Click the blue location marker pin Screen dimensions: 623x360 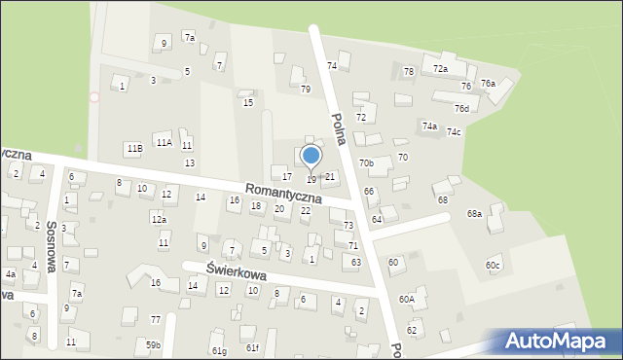[x=311, y=157]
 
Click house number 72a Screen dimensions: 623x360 [x=440, y=69]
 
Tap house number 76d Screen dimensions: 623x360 [x=461, y=109]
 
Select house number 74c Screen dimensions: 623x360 [x=454, y=131]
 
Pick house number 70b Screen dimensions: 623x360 [x=366, y=163]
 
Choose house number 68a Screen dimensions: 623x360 [x=474, y=213]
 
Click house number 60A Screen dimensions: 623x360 [x=406, y=300]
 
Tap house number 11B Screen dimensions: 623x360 [x=134, y=148]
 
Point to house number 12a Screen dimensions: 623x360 [x=158, y=220]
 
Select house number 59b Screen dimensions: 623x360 [x=153, y=344]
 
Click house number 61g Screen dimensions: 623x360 [x=218, y=350]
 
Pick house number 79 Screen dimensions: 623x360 [x=305, y=90]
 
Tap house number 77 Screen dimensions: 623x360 [x=156, y=319]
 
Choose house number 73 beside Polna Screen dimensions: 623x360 [x=348, y=226]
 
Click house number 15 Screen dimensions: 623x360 [x=248, y=102]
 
